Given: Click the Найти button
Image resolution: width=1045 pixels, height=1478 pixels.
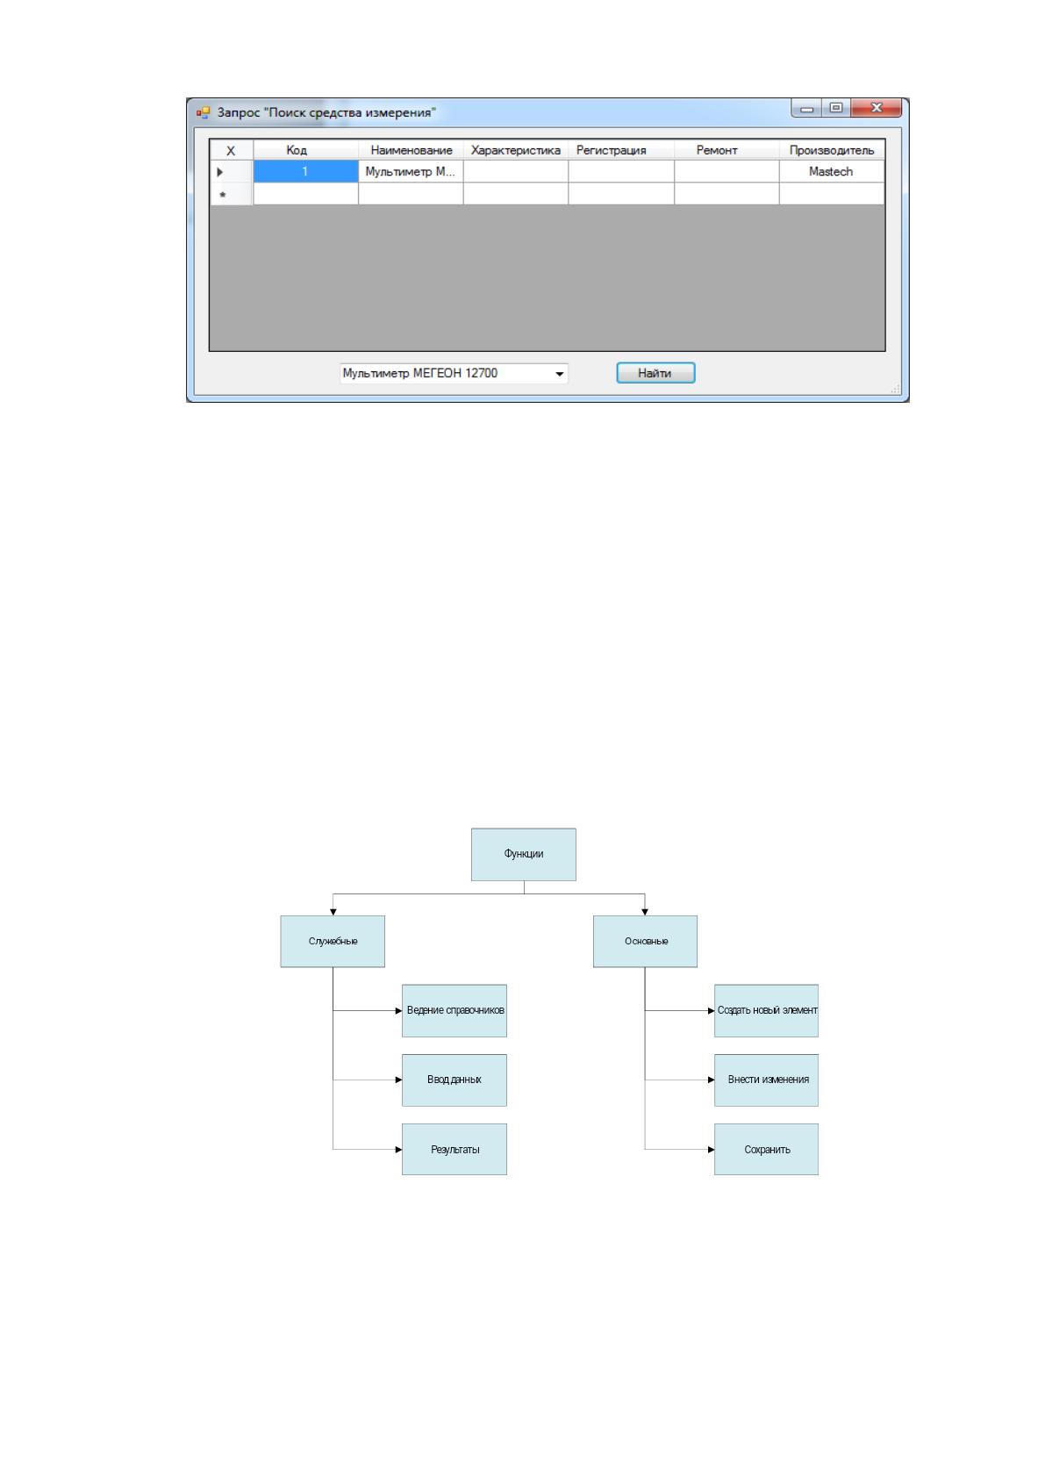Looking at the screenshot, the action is [655, 373].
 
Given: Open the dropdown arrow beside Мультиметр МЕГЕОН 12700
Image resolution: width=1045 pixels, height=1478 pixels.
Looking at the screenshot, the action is [560, 374].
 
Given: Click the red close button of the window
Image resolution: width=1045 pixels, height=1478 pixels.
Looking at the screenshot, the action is [877, 108].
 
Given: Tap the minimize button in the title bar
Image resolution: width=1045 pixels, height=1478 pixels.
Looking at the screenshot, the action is [806, 108].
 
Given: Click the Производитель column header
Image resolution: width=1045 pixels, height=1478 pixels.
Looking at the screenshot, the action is [831, 150].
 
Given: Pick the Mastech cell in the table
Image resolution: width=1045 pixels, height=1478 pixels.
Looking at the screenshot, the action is [831, 171].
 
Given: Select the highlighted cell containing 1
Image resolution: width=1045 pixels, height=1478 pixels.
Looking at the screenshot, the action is [305, 171].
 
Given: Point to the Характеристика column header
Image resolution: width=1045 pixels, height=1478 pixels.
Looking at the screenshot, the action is [516, 150].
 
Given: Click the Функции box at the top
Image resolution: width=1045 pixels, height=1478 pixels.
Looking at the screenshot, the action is [523, 854].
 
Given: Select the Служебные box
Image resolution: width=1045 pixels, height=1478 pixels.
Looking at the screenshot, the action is [333, 941].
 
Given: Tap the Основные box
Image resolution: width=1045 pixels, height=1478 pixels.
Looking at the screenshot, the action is [645, 941].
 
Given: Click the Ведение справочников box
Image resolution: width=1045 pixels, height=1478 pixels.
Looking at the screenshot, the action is [455, 1010].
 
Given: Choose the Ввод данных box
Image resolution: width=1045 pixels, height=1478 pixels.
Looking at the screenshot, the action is [455, 1080].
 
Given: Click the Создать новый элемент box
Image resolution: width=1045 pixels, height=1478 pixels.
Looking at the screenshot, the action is [767, 1010].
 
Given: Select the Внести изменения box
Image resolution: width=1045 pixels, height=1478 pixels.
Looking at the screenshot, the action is [767, 1080].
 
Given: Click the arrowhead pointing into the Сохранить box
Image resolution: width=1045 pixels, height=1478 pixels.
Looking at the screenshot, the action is [711, 1150].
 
